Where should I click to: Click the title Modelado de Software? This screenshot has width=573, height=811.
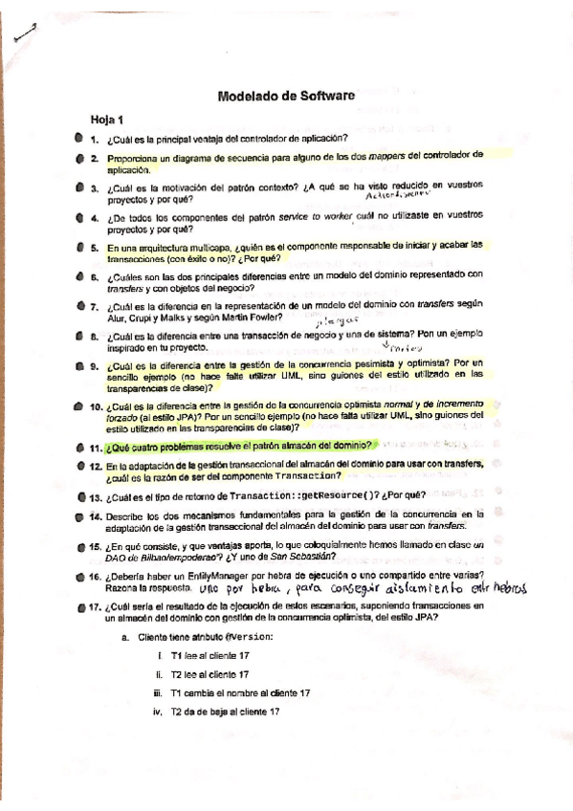coord(286,96)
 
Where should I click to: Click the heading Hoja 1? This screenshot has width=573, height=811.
coord(107,121)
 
